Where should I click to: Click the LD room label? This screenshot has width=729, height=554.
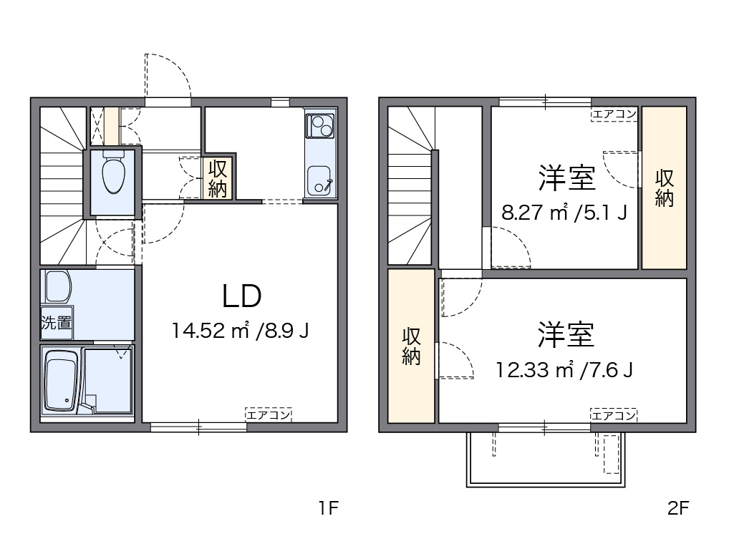(x=241, y=296)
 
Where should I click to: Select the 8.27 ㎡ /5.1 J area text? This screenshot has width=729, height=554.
(x=564, y=213)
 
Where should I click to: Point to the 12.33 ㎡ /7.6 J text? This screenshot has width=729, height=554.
(x=564, y=369)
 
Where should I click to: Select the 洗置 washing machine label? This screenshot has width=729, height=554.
(x=56, y=322)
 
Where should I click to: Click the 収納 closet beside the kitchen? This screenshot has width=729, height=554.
(x=218, y=178)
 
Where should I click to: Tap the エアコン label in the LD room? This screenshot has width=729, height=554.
(x=268, y=414)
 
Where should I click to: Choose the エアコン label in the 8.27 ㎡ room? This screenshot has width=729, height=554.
(x=614, y=114)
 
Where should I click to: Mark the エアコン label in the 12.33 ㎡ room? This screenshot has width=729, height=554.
(x=614, y=414)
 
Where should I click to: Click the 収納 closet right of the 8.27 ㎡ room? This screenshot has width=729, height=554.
(x=664, y=188)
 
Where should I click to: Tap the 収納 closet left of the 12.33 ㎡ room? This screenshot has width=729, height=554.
(x=411, y=346)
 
